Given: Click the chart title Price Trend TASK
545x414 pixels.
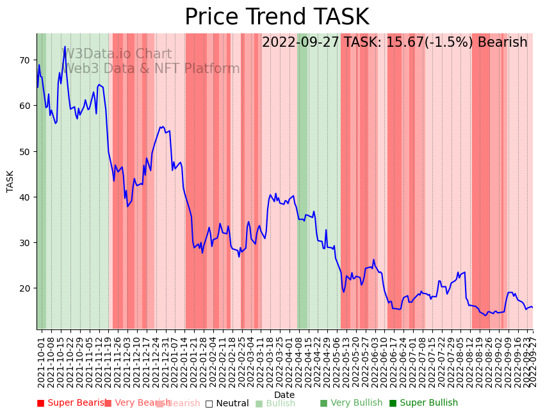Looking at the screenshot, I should (277, 17).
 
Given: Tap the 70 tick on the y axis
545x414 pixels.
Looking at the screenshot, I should (25, 60).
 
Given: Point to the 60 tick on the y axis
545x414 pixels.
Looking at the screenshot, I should (25, 106).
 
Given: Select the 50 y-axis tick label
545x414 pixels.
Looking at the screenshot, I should (25, 151).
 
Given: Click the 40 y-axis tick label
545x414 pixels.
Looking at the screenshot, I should (25, 197).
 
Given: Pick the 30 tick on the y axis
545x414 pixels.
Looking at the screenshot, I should (25, 243).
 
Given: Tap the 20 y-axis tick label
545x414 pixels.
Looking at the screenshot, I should (25, 288).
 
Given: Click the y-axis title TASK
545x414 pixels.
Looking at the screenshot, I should (10, 181).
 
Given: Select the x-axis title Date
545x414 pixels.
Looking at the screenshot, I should (284, 395).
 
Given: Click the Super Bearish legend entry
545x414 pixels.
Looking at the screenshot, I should (72, 403).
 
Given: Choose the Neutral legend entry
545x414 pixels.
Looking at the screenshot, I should (227, 403).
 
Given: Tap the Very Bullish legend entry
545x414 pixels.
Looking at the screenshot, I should (351, 403).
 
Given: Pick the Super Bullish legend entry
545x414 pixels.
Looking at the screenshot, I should (423, 403).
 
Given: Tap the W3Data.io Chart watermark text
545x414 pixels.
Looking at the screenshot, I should (117, 54).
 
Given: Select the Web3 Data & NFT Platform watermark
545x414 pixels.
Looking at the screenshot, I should (152, 69).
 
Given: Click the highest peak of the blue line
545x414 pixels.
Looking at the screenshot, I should (65, 47).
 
